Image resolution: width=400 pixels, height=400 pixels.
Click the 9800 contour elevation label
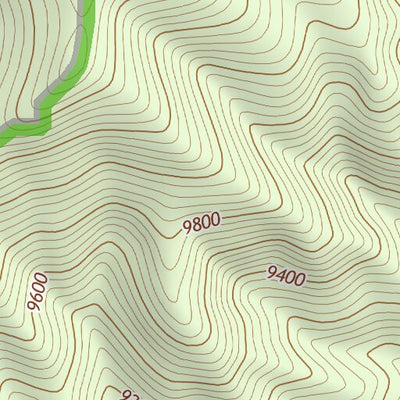201,224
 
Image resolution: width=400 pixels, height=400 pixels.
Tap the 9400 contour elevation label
285,274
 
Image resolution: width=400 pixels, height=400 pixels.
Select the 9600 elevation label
38,291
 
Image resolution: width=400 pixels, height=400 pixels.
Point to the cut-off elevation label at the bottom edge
129,395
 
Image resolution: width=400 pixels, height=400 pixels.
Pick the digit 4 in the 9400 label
280,273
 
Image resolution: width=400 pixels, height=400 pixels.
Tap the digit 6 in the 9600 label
38,296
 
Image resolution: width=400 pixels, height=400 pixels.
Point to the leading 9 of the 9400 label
271,271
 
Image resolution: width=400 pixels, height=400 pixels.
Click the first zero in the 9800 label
205,222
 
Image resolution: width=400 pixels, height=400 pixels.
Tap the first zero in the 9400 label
290,275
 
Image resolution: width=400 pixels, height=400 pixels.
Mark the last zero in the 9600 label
41,277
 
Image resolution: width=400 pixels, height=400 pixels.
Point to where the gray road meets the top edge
83,2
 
